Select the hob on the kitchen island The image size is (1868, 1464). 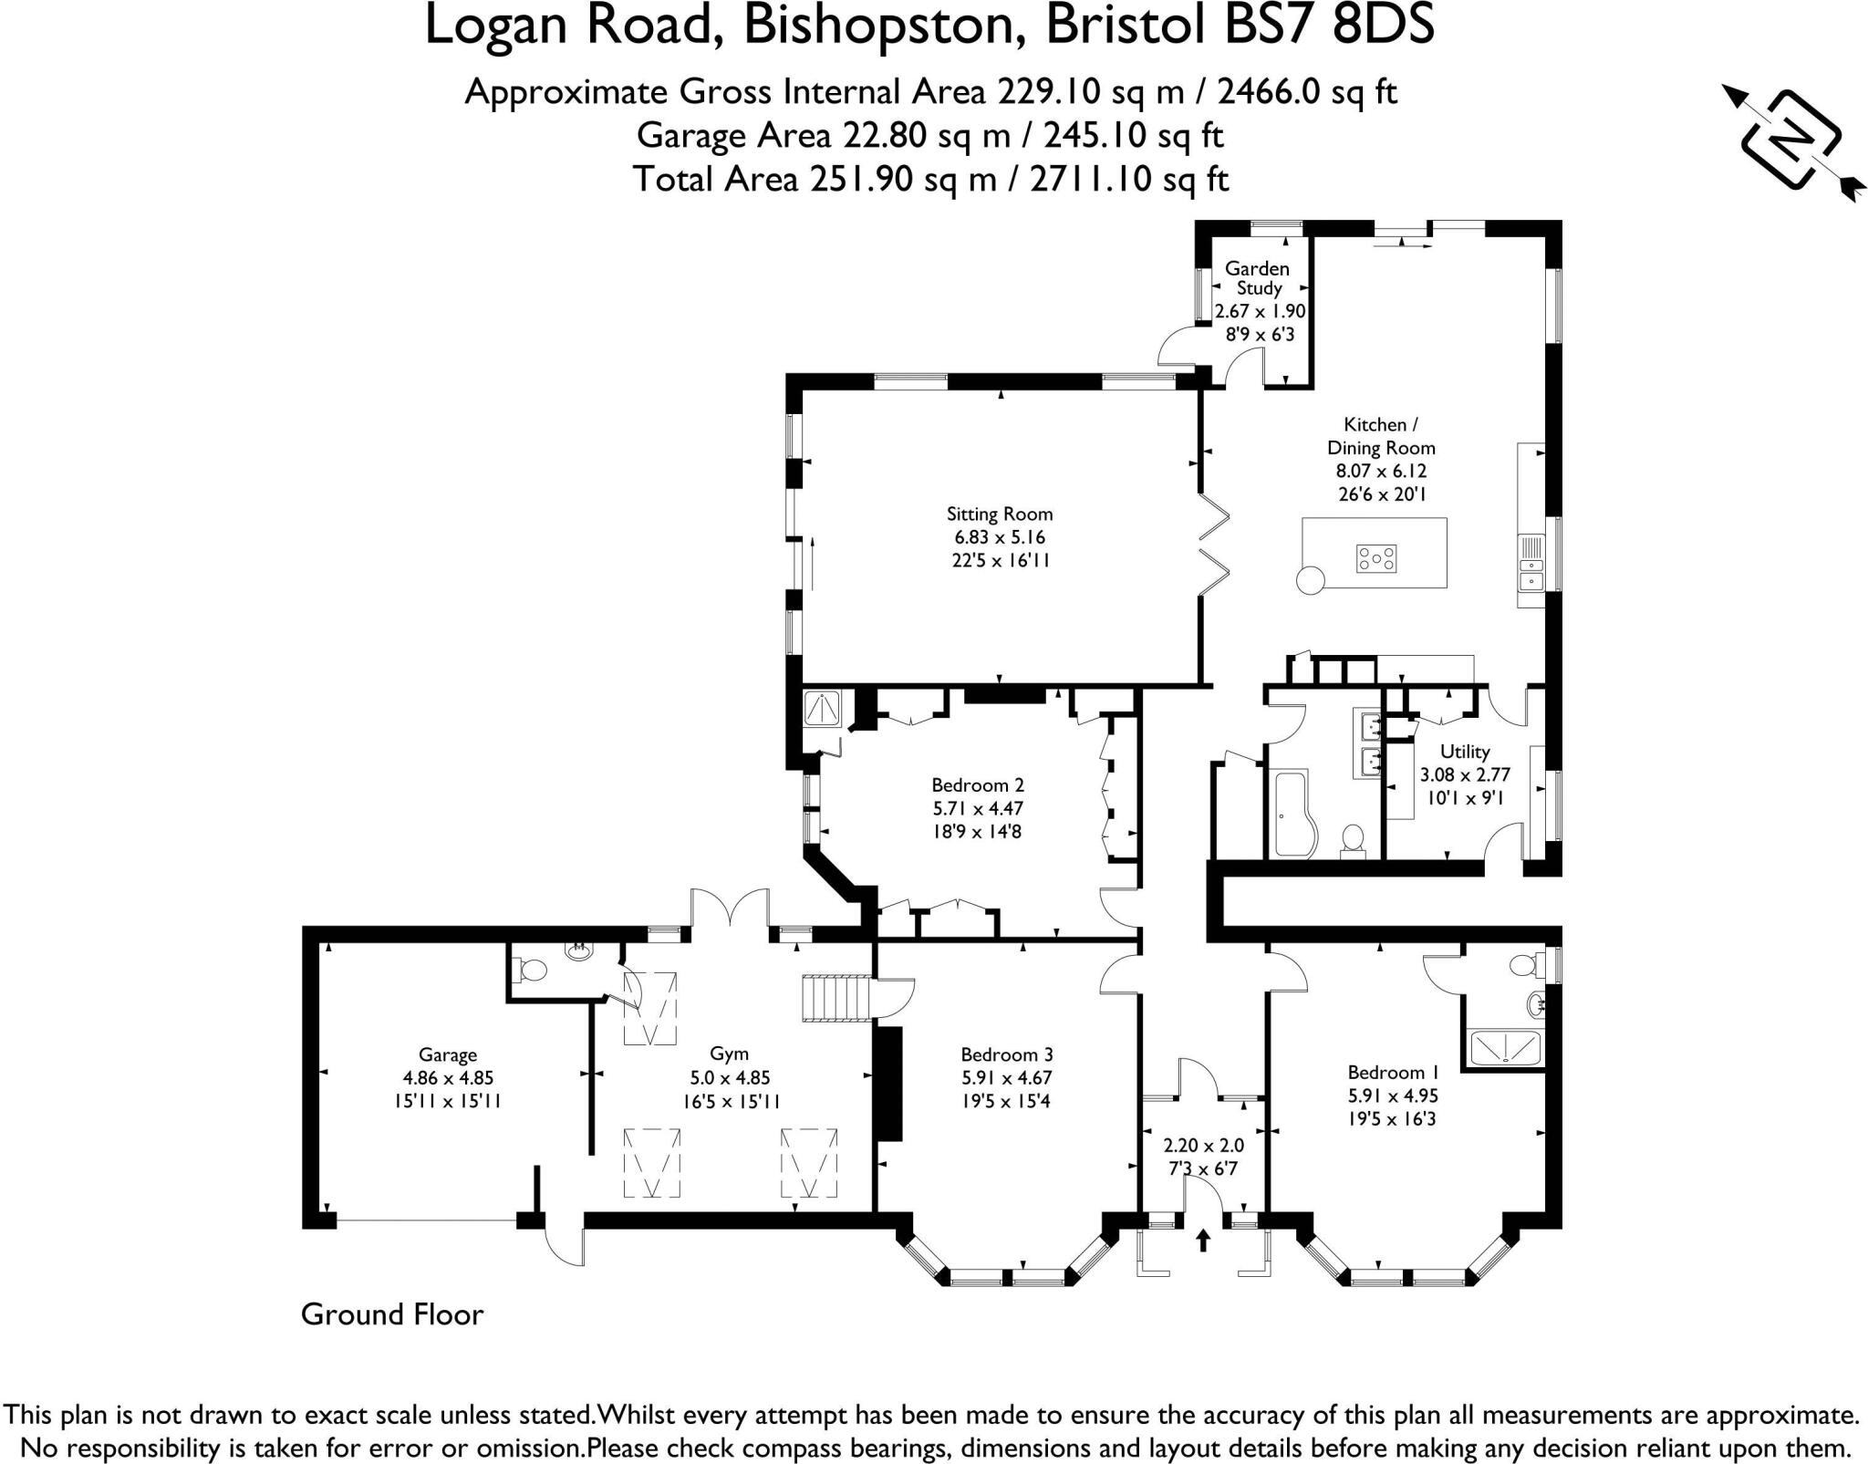tap(1376, 558)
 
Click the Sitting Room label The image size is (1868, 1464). tap(1000, 514)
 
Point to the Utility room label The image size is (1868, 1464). tap(1465, 752)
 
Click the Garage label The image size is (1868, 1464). tap(448, 1055)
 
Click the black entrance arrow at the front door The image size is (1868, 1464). tap(1203, 1240)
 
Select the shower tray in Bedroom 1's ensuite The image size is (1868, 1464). tap(1502, 1047)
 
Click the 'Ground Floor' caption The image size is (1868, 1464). tap(392, 1314)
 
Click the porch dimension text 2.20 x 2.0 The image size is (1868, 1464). tap(1203, 1145)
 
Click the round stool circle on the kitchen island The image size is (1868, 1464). tap(1311, 579)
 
